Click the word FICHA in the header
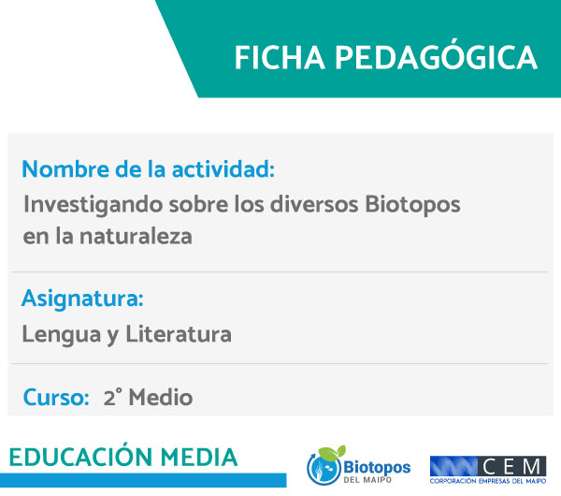[280, 58]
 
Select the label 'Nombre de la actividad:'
[148, 169]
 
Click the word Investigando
[93, 206]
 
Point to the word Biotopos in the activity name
[412, 206]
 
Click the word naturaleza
[136, 237]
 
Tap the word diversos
[314, 204]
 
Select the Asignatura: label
[82, 299]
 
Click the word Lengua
[62, 334]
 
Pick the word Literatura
[179, 334]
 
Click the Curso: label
[56, 397]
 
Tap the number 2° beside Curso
[112, 397]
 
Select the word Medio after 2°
[161, 397]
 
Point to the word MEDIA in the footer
[199, 458]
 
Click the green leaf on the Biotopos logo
[332, 453]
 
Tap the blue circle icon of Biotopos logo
[324, 469]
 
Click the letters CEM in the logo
[511, 467]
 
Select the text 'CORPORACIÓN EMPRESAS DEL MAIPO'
[488, 481]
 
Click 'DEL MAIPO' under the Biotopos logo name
[367, 479]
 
